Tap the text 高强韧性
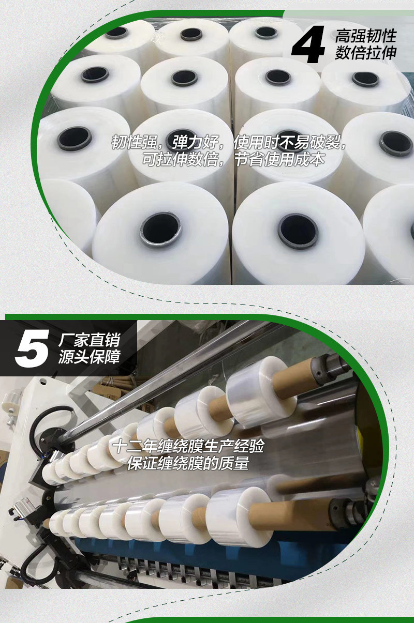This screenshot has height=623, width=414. click(x=365, y=36)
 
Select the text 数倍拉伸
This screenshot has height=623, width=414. click(x=365, y=53)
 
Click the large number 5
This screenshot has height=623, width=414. click(x=32, y=347)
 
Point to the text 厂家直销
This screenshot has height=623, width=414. click(x=89, y=340)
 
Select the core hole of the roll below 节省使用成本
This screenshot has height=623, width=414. click(x=297, y=231)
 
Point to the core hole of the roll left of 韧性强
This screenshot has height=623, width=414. click(x=75, y=138)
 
